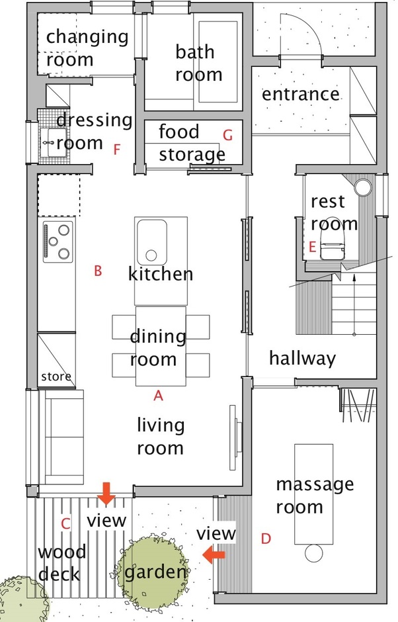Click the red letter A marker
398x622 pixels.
(x=158, y=396)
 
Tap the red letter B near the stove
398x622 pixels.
(x=98, y=271)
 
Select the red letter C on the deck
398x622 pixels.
(x=65, y=523)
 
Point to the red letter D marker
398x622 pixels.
(x=266, y=539)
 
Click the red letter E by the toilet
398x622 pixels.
(x=312, y=247)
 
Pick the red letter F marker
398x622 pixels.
(x=117, y=150)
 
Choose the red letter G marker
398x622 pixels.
(x=228, y=136)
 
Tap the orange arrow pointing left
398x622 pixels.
(x=214, y=555)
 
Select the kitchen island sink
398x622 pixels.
(x=151, y=241)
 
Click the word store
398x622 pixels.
(x=56, y=377)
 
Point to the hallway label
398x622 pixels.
(x=302, y=359)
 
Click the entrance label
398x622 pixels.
(x=301, y=94)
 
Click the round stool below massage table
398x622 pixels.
(x=313, y=551)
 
